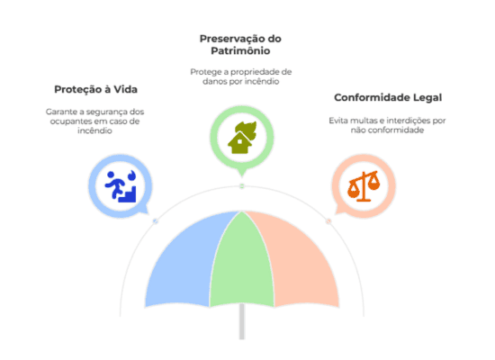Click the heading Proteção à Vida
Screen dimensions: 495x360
[95, 89]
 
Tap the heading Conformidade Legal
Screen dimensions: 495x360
[388, 97]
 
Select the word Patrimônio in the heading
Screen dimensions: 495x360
[240, 50]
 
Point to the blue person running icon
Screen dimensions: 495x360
[121, 186]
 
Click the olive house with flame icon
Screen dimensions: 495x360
[242, 138]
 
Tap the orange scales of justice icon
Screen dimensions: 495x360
[364, 186]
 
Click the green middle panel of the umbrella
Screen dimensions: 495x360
[242, 262]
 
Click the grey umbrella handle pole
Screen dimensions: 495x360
[242, 321]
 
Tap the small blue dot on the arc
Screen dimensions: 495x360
[156, 221]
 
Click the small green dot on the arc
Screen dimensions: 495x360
[242, 186]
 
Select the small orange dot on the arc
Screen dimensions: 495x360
[328, 221]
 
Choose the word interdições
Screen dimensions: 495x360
[409, 121]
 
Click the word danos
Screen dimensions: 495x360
[214, 82]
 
